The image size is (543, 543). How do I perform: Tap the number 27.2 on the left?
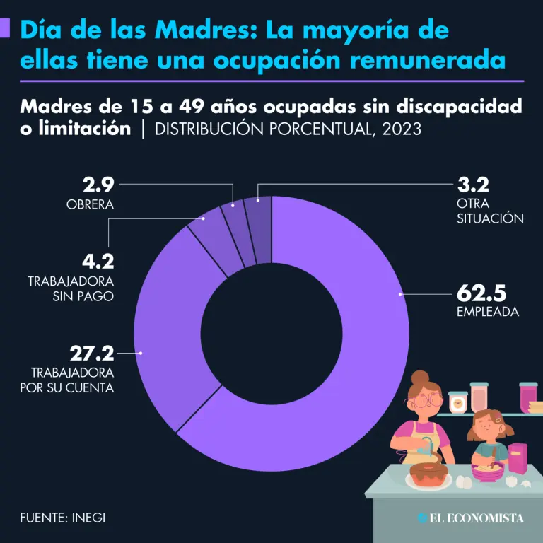(91, 351)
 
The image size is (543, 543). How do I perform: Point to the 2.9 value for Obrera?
(98, 186)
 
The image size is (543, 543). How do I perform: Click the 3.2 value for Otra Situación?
(473, 186)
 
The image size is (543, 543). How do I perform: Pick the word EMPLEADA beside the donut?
(488, 312)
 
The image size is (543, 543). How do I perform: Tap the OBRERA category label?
(90, 205)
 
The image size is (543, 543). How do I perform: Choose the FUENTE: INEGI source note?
(63, 517)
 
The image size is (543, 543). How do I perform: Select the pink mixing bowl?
(487, 472)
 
